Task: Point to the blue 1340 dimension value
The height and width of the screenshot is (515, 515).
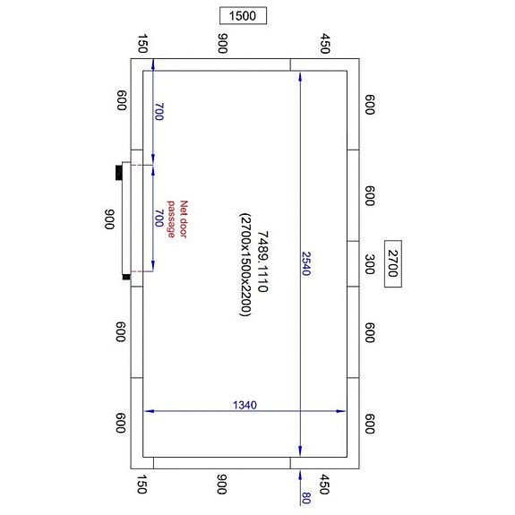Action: pos(245,405)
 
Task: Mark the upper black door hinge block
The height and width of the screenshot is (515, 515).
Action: pos(119,172)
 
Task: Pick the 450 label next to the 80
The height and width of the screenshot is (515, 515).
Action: pos(325,485)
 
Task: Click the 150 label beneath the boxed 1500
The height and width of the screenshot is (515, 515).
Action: pos(142,45)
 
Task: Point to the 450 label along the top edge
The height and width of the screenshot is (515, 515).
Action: pos(325,45)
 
